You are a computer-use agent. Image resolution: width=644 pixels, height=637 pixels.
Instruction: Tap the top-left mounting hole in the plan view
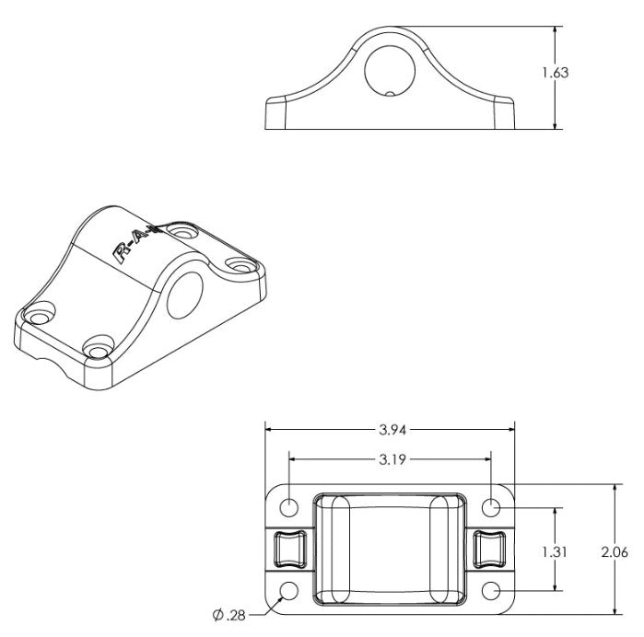[289, 507]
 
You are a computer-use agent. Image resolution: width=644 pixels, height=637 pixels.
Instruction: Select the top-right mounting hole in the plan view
[492, 507]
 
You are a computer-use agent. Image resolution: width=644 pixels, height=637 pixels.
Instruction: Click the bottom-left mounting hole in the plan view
[289, 590]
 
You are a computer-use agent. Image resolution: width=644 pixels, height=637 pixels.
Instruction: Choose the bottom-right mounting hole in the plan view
[492, 590]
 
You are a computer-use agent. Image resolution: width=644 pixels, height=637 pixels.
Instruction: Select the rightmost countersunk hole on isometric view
[242, 267]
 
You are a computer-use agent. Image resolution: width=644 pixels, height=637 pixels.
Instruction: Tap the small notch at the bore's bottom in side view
[390, 92]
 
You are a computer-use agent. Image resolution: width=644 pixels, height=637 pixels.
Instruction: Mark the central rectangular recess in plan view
[390, 549]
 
